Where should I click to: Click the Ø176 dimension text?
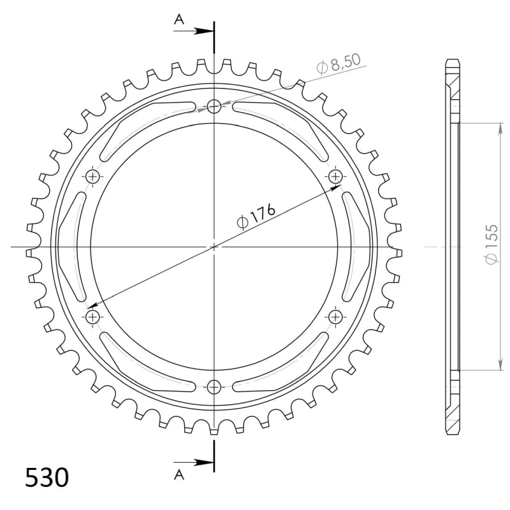pyautogui.click(x=256, y=216)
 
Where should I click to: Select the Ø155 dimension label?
pyautogui.click(x=490, y=245)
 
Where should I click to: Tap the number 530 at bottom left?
pyautogui.click(x=47, y=477)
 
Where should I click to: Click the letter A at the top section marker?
pyautogui.click(x=179, y=20)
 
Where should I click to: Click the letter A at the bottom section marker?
pyautogui.click(x=179, y=472)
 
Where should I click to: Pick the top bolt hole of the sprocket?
pyautogui.click(x=214, y=106)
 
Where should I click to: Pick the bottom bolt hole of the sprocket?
pyautogui.click(x=214, y=386)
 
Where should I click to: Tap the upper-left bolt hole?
pyautogui.click(x=94, y=176)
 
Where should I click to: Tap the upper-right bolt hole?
pyautogui.click(x=335, y=176)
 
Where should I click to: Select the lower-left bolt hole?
pyautogui.click(x=94, y=316)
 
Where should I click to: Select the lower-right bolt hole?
pyautogui.click(x=335, y=316)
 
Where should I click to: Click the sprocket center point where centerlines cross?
pyautogui.click(x=214, y=246)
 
